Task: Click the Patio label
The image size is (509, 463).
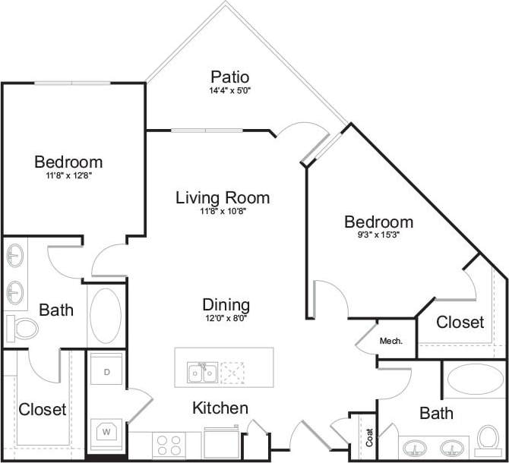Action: [230, 77]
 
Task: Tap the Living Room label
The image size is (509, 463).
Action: [223, 198]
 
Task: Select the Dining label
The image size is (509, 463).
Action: [226, 305]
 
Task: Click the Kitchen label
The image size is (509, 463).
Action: [220, 408]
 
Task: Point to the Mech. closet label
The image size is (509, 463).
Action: [390, 341]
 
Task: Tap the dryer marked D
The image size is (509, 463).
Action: [106, 372]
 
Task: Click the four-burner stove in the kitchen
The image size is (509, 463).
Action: [166, 443]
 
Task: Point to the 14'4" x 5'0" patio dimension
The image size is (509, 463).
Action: [230, 91]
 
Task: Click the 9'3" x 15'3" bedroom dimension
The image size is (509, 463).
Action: [378, 235]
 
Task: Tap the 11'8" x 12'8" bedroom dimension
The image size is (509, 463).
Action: [68, 175]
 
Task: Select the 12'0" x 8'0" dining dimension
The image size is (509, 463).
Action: [226, 319]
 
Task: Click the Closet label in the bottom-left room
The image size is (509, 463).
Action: [43, 410]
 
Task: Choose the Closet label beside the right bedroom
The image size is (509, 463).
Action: [460, 322]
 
